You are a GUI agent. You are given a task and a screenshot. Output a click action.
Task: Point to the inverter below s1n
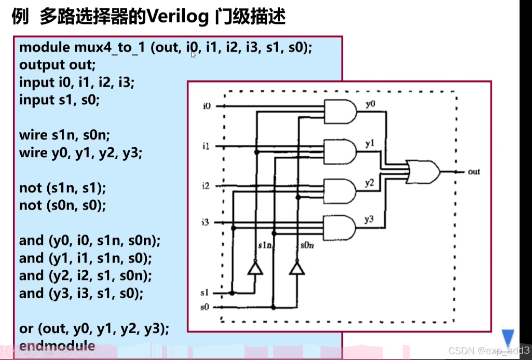click(255, 268)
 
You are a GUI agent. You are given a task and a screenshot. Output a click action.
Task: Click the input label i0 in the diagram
click(207, 106)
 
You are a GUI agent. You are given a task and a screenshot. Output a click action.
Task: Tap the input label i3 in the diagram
click(206, 223)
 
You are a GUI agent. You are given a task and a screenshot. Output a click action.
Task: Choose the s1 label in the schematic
click(205, 293)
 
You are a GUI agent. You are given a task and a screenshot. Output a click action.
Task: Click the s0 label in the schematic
click(205, 307)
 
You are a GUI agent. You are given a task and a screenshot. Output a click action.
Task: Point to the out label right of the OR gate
click(474, 171)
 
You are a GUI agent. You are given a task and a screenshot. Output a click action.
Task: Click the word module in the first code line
click(44, 48)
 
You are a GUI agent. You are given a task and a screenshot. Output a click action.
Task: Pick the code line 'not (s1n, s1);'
click(63, 188)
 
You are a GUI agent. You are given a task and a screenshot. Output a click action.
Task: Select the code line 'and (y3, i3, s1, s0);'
click(80, 293)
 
